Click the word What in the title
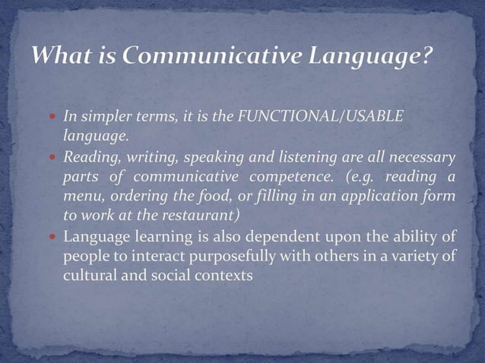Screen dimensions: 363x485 tap(62, 57)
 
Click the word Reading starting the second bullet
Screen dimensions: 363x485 tap(88, 157)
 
